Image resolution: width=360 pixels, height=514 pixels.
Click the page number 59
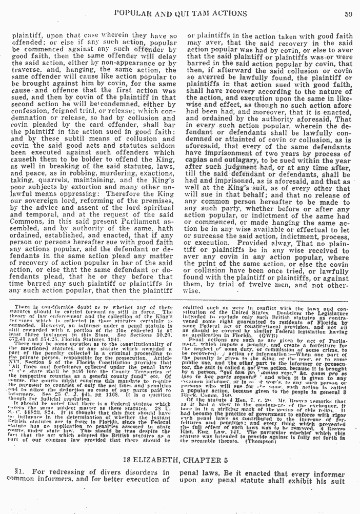pyautogui.click(x=348, y=14)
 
